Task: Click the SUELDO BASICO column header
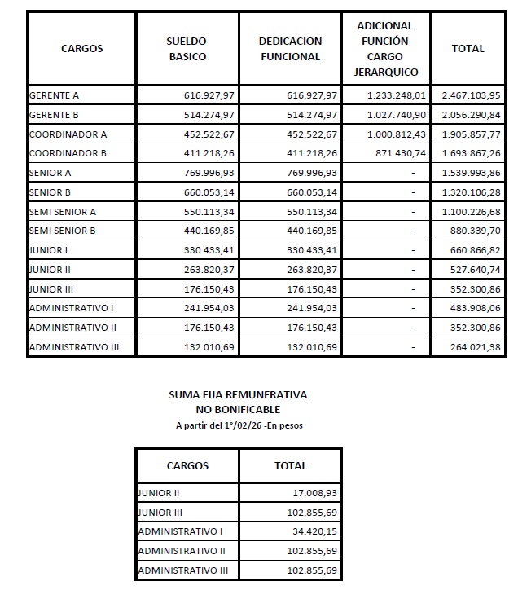point(187,49)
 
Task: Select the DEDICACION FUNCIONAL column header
point(290,49)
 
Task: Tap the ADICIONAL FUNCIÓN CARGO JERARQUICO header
point(385,49)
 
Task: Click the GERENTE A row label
point(54,95)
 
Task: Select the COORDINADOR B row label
point(68,153)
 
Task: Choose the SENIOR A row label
point(50,173)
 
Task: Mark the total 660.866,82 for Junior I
point(471,250)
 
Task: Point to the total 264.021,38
point(471,347)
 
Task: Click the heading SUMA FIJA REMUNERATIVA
point(238,395)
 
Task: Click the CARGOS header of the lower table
point(187,466)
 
